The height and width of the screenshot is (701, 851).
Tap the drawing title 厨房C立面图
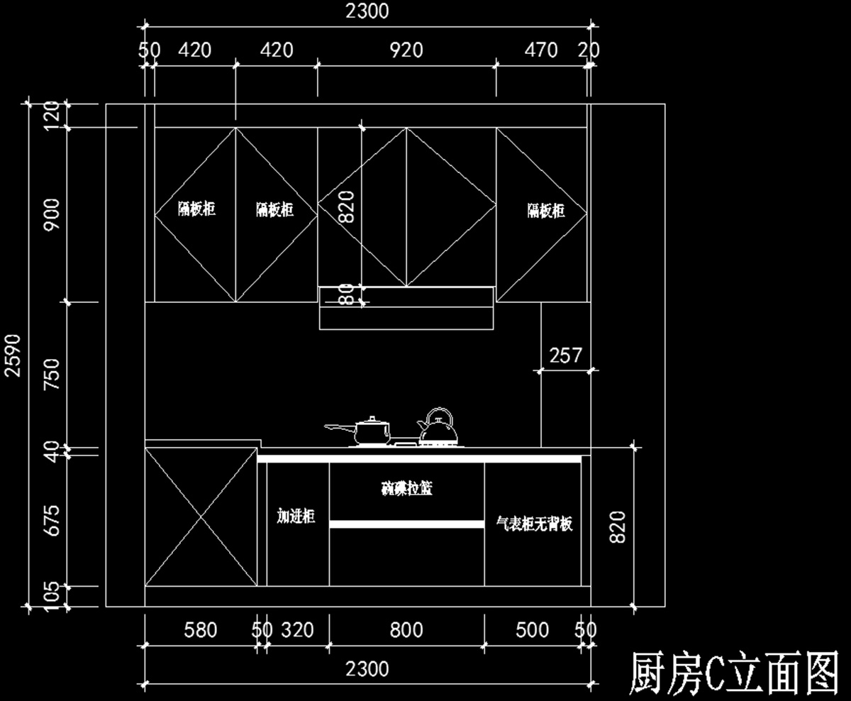pyautogui.click(x=734, y=673)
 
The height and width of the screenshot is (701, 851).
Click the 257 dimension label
pyautogui.click(x=565, y=355)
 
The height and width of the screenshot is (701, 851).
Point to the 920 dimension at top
pyautogui.click(x=406, y=50)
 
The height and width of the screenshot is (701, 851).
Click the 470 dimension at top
pyautogui.click(x=540, y=50)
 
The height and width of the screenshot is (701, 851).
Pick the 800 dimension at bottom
pyautogui.click(x=406, y=629)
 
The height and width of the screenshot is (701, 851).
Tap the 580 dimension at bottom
pyautogui.click(x=201, y=629)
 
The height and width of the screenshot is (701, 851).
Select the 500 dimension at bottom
pyautogui.click(x=532, y=629)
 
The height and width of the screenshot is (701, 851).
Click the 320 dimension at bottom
pyautogui.click(x=298, y=629)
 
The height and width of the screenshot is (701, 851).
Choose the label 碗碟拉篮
pyautogui.click(x=406, y=488)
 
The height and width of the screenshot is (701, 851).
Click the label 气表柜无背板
pyautogui.click(x=534, y=524)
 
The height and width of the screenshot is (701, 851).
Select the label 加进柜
pyautogui.click(x=296, y=516)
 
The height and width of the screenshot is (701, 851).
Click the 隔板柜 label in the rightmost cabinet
pyautogui.click(x=546, y=210)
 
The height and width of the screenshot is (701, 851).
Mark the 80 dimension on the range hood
pyautogui.click(x=346, y=294)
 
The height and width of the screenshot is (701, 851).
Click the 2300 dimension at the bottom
pyautogui.click(x=367, y=668)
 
